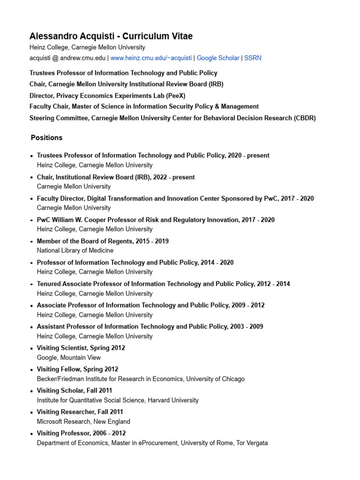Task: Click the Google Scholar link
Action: (218, 58)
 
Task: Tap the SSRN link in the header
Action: (253, 58)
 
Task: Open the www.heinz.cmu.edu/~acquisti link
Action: (151, 58)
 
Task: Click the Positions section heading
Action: (46, 138)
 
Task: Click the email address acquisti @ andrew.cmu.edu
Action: (67, 58)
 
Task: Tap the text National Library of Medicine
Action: (75, 251)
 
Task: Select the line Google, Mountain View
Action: (69, 358)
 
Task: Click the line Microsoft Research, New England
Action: (83, 421)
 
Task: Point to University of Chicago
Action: (215, 379)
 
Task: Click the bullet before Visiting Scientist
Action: (31, 348)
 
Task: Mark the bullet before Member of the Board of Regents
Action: (31, 241)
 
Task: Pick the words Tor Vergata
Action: (252, 443)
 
